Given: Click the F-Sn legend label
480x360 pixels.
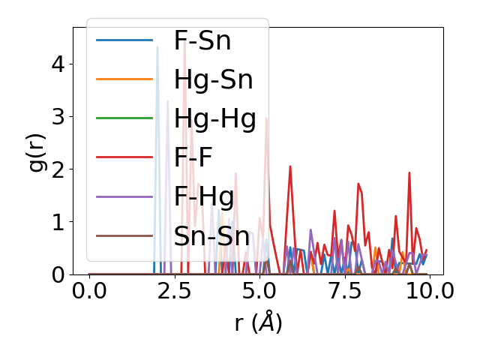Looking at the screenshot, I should click(x=202, y=40).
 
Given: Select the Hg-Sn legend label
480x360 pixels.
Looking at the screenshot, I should click(x=213, y=79).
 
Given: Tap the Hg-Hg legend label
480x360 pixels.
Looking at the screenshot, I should click(x=214, y=118).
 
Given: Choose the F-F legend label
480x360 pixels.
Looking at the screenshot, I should click(x=193, y=157).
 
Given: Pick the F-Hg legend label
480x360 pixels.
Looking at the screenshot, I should click(x=204, y=196).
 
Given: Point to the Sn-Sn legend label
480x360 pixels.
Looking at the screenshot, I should click(x=211, y=236).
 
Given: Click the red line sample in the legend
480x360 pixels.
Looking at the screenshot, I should click(x=124, y=157).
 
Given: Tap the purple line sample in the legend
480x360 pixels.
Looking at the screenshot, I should click(x=124, y=196).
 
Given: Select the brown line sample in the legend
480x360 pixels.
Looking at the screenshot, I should click(x=124, y=236).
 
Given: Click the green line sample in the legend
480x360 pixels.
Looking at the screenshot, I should click(x=124, y=118).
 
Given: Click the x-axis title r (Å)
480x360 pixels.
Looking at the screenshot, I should click(x=258, y=322).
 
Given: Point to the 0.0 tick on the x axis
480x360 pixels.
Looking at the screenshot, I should click(x=89, y=290).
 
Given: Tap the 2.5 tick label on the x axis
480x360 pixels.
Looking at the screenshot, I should click(x=174, y=290).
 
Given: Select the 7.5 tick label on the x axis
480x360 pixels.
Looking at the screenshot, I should click(x=344, y=290).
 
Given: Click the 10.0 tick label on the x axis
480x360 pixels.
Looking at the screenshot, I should click(x=429, y=290).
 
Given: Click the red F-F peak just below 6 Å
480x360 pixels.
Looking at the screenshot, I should click(x=290, y=166).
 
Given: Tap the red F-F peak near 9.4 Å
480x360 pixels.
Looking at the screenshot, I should click(x=409, y=172).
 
